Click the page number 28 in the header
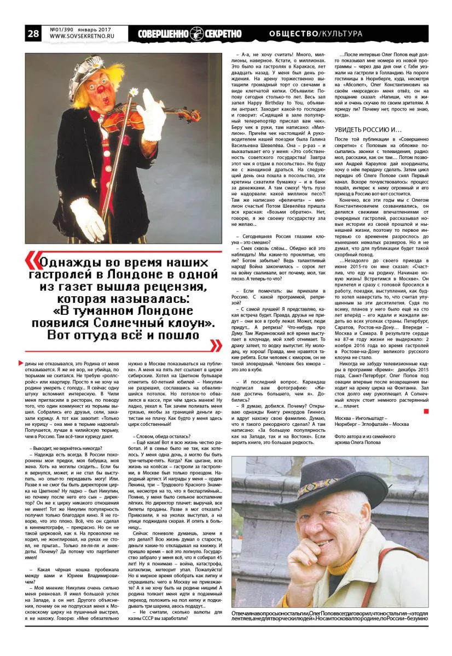pyautogui.click(x=32, y=34)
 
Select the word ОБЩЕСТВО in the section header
pyautogui.click(x=293, y=34)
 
